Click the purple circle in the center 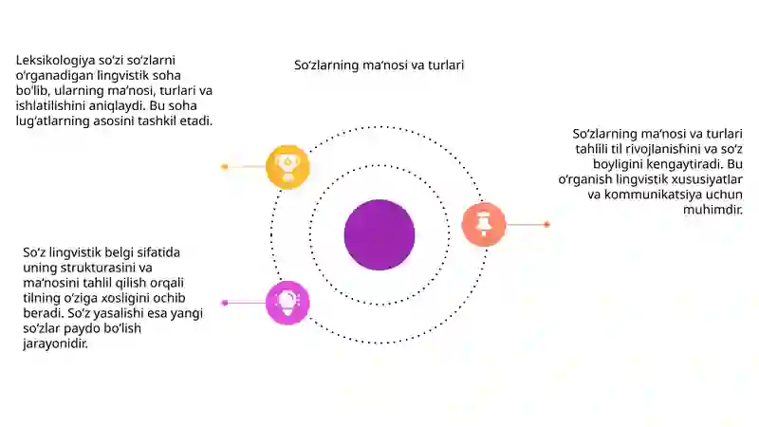pos(379,234)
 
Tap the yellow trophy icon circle pos(287,167)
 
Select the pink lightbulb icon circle pos(287,303)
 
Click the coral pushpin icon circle pos(484,225)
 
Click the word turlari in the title pos(446,65)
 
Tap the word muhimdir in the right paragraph pos(713,210)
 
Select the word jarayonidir pos(55,344)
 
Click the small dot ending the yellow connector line pos(225,167)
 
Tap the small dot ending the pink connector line pos(225,303)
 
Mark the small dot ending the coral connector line pos(547,225)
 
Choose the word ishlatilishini pos(50,106)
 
